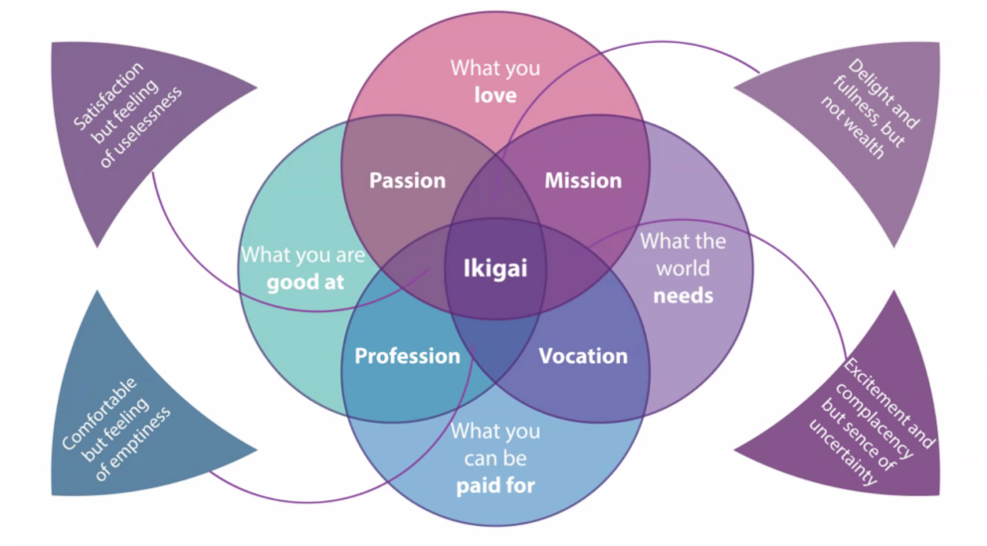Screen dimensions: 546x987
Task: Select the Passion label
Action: click(x=407, y=181)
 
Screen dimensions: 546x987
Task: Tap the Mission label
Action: click(x=583, y=181)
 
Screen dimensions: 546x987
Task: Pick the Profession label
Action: click(x=407, y=356)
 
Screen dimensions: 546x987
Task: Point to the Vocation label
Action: click(x=583, y=356)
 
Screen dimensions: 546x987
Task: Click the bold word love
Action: click(x=495, y=95)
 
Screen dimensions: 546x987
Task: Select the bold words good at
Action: click(x=305, y=281)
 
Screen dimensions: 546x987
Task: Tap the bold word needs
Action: click(x=683, y=295)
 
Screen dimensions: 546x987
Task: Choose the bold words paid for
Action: click(x=495, y=486)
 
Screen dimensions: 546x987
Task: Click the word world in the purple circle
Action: click(x=683, y=269)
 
